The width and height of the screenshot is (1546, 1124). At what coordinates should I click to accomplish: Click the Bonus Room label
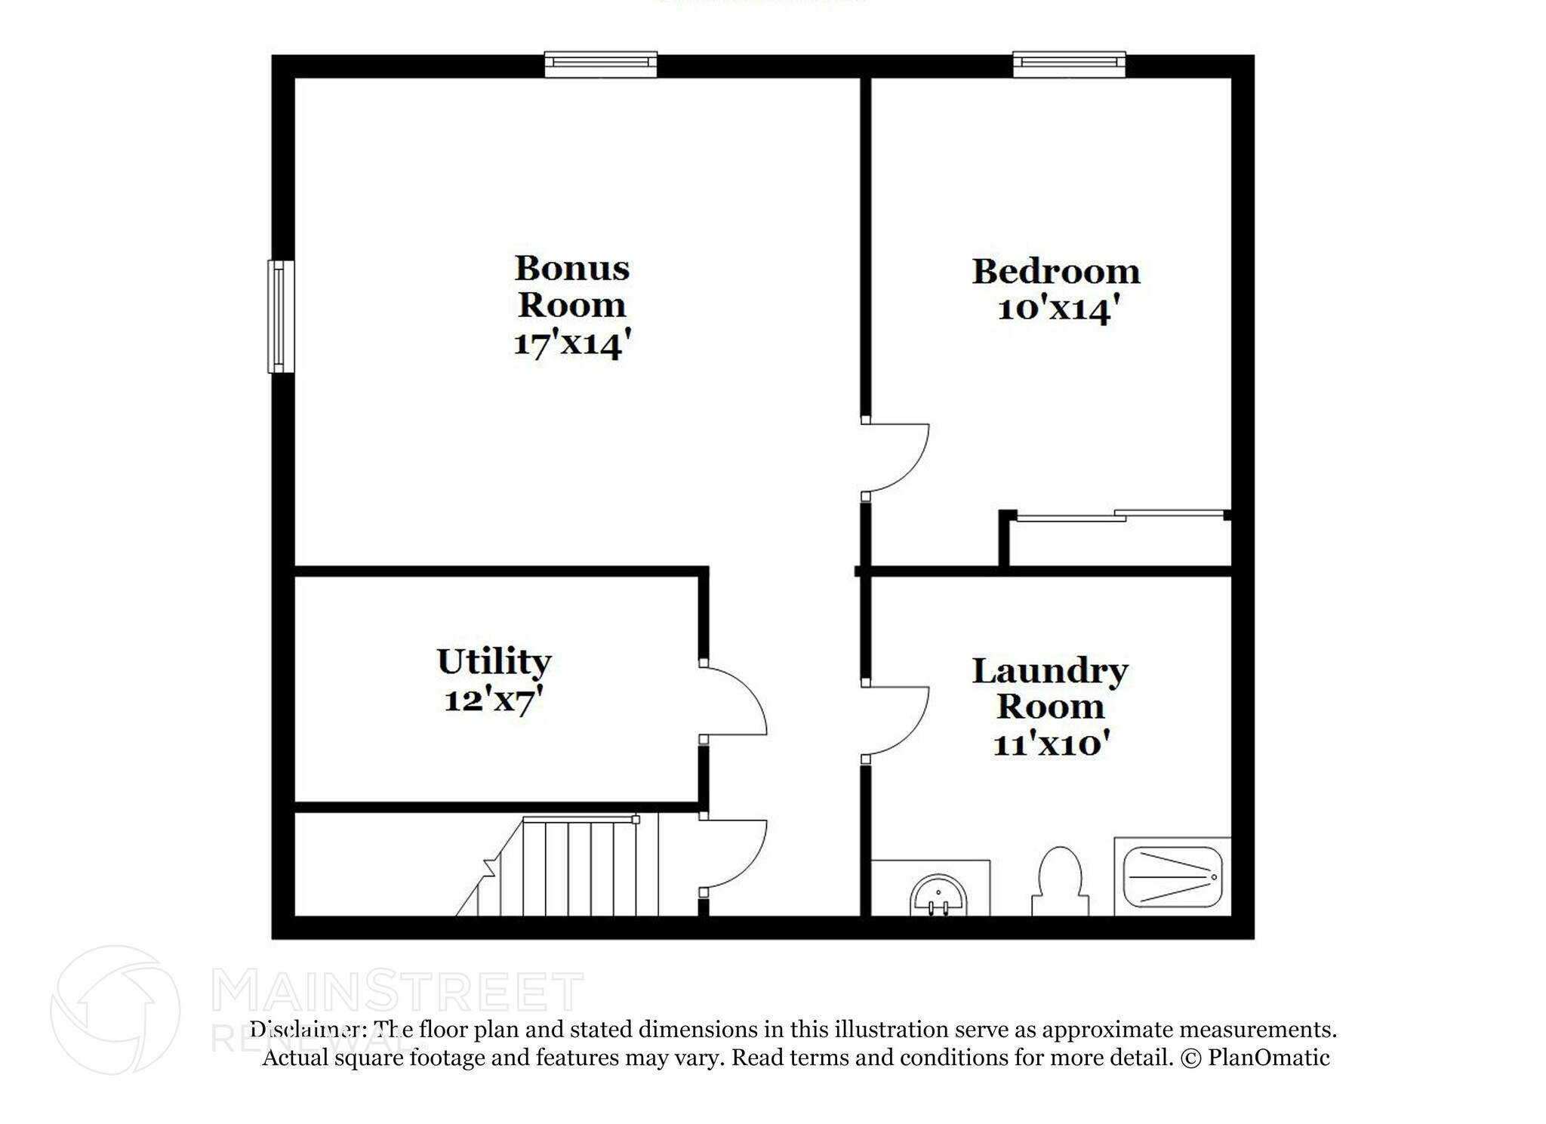click(571, 287)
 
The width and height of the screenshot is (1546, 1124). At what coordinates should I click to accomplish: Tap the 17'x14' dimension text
click(571, 345)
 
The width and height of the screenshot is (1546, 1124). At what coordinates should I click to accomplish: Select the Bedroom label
click(1055, 272)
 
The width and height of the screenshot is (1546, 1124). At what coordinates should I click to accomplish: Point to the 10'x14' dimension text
click(1055, 309)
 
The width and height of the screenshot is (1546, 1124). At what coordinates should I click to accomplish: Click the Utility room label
click(494, 662)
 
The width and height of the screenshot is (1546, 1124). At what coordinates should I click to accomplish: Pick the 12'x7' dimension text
click(494, 701)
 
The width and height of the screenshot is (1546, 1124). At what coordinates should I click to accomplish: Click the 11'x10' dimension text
click(1050, 745)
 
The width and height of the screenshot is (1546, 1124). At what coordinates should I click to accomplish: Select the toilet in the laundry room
click(1060, 880)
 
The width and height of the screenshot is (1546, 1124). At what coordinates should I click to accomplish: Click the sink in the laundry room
click(938, 895)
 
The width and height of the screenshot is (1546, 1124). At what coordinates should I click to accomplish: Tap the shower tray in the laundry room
click(1172, 877)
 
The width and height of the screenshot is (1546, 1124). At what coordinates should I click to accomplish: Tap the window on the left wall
click(281, 316)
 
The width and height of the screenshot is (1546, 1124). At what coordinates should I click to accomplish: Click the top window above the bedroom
click(1069, 64)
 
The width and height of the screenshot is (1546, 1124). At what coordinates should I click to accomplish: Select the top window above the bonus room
click(601, 64)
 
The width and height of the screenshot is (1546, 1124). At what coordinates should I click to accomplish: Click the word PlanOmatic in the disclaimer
click(1268, 1058)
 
